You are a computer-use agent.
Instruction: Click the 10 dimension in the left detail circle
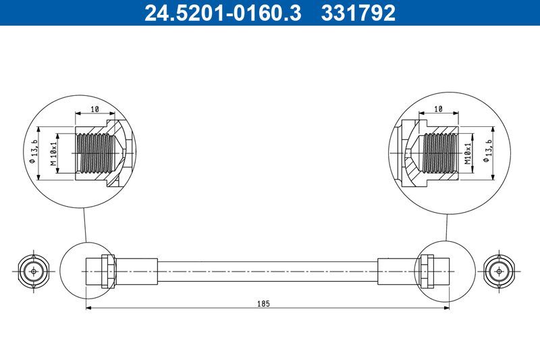94,108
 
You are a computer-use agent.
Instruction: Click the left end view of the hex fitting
30,272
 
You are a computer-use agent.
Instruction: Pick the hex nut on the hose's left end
106,272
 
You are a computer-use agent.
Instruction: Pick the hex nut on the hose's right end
427,272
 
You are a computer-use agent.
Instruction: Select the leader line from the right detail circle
446,226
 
